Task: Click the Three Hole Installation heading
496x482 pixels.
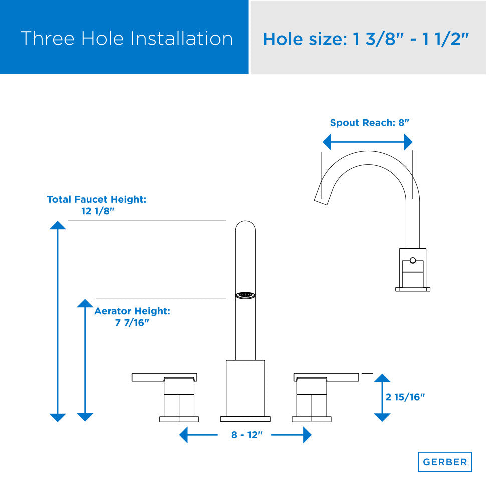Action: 127,38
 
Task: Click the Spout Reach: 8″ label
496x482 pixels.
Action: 369,123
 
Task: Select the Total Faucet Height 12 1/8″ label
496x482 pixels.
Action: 97,205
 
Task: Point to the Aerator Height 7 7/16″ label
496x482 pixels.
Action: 132,317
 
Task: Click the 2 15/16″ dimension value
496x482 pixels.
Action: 405,397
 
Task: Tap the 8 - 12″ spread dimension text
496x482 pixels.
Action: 247,435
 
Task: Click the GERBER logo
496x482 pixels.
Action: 445,462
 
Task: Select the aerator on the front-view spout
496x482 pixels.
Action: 245,295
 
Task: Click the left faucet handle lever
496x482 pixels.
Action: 164,377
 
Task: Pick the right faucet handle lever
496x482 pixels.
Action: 327,377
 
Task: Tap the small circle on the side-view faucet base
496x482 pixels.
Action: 413,261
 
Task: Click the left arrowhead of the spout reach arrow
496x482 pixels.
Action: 327,142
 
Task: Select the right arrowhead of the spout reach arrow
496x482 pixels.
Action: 408,142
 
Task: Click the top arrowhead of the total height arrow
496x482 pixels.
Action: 58,225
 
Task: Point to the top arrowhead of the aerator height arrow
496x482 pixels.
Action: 85,303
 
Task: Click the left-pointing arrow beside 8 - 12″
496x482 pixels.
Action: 198,435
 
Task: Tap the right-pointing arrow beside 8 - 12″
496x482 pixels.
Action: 291,435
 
